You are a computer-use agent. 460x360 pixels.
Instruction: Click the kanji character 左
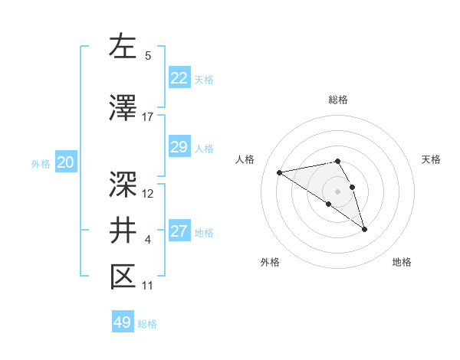pyautogui.click(x=123, y=47)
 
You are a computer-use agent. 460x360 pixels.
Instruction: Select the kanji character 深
pyautogui.click(x=123, y=183)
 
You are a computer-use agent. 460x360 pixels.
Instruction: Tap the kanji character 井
pyautogui.click(x=123, y=230)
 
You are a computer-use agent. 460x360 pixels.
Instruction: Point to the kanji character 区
pyautogui.click(x=123, y=277)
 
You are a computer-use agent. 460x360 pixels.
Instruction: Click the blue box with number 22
pyautogui.click(x=179, y=78)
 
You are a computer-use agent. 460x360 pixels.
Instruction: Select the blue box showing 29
pyautogui.click(x=179, y=148)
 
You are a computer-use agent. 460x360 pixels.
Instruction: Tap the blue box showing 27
pyautogui.click(x=179, y=232)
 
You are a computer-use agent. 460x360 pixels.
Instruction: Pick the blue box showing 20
pyautogui.click(x=66, y=162)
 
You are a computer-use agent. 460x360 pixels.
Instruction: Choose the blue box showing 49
pyautogui.click(x=123, y=322)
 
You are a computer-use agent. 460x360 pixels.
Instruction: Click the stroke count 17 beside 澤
pyautogui.click(x=148, y=117)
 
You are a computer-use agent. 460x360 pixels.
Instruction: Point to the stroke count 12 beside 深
pyautogui.click(x=148, y=194)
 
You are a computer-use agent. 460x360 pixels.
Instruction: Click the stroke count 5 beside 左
pyautogui.click(x=148, y=56)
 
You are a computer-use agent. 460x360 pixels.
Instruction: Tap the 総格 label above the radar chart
pyautogui.click(x=338, y=100)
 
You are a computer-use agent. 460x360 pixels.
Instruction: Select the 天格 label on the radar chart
pyautogui.click(x=431, y=159)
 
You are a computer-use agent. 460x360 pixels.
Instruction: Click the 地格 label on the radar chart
pyautogui.click(x=402, y=262)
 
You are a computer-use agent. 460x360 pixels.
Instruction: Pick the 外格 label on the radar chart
pyautogui.click(x=270, y=262)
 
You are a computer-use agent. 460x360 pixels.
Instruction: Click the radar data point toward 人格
pyautogui.click(x=280, y=172)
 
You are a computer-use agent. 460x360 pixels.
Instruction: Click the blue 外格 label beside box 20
pyautogui.click(x=41, y=163)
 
